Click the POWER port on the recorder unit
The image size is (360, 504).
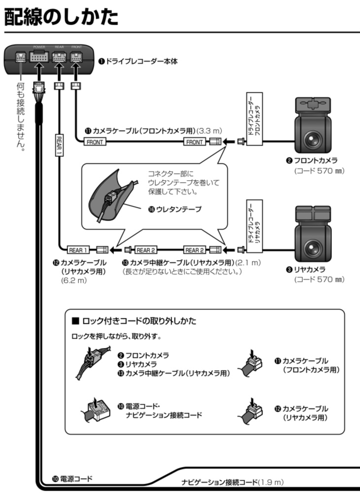tap(39, 57)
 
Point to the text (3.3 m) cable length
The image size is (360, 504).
tap(210, 131)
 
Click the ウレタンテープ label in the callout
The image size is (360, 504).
tap(175, 209)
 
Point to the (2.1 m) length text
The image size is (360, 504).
tap(248, 262)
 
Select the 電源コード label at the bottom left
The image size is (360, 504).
tap(72, 479)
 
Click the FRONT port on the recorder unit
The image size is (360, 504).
tap(75, 57)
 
